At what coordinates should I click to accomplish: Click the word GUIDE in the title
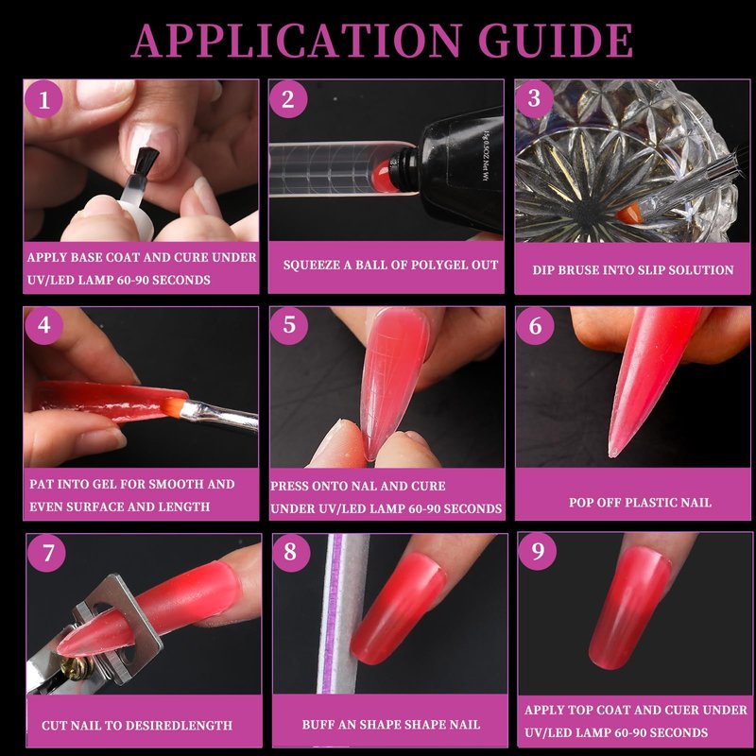[x=556, y=40]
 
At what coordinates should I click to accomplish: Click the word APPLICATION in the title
[x=296, y=40]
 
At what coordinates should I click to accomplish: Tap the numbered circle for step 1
[x=43, y=99]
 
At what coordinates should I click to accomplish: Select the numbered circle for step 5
[x=289, y=325]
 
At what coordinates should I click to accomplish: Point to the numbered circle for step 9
[x=537, y=551]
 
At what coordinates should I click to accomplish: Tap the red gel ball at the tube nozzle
[x=385, y=177]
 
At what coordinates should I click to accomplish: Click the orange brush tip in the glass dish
[x=629, y=214]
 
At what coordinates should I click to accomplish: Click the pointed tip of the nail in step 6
[x=611, y=454]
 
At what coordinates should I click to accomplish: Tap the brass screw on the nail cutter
[x=80, y=668]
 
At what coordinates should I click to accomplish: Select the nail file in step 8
[x=343, y=613]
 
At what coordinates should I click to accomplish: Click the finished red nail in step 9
[x=628, y=609]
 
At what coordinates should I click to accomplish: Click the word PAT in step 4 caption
[x=41, y=484]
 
